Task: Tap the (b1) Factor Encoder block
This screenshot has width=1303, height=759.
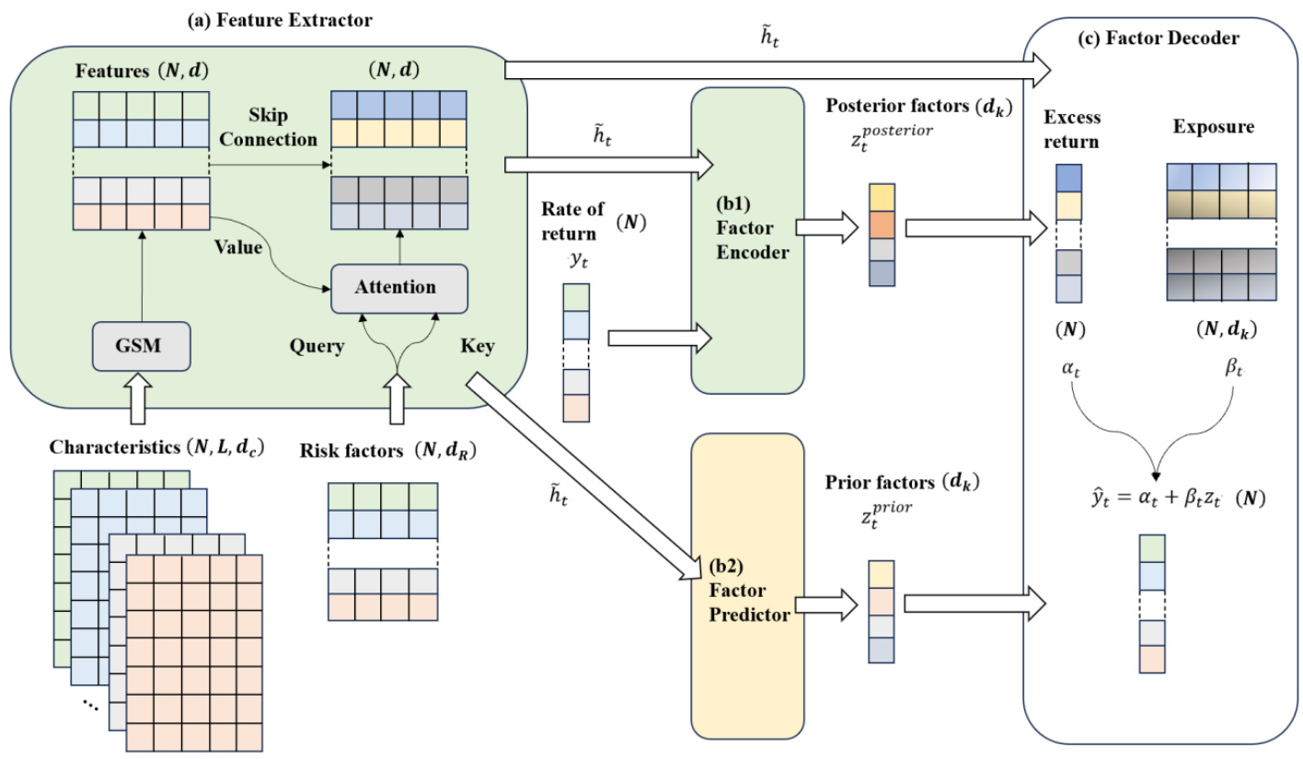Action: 747,241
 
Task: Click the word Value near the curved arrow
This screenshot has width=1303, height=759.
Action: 238,247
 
